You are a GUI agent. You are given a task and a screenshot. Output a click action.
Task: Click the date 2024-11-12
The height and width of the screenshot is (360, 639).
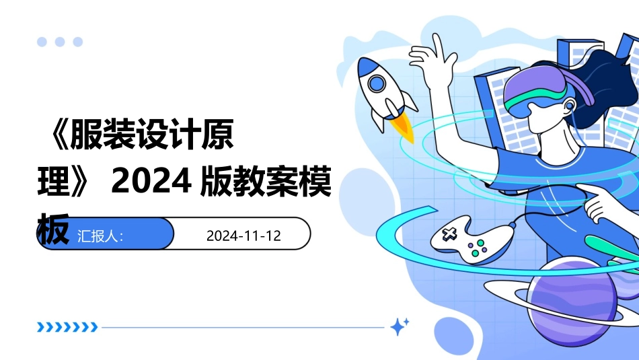click(x=243, y=236)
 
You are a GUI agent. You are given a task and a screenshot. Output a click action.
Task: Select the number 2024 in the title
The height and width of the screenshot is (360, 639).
click(x=149, y=182)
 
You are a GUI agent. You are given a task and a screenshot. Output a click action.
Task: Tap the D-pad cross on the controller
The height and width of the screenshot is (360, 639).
click(x=448, y=234)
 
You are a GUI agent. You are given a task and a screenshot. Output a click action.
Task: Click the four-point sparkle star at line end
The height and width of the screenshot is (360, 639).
click(x=400, y=327)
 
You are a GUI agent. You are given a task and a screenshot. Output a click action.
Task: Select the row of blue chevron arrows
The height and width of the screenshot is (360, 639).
click(x=67, y=328)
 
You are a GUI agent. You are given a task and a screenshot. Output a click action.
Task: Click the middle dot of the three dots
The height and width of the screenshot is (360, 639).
click(x=60, y=42)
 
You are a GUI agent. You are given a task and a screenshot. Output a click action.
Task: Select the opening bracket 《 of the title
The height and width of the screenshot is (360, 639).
click(x=54, y=137)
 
